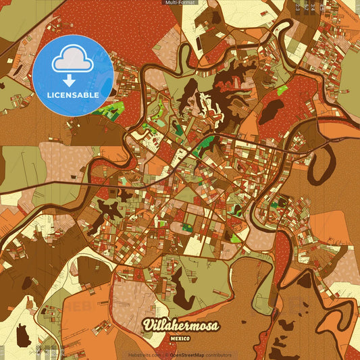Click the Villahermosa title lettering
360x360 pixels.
click(x=180, y=326)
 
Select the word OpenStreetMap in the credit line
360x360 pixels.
click(x=187, y=355)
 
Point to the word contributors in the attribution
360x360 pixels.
click(x=218, y=355)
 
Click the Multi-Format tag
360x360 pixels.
click(x=180, y=3)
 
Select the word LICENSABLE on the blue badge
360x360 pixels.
click(x=72, y=95)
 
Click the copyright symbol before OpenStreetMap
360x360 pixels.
click(x=166, y=355)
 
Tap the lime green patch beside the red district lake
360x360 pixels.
click(x=282, y=91)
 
